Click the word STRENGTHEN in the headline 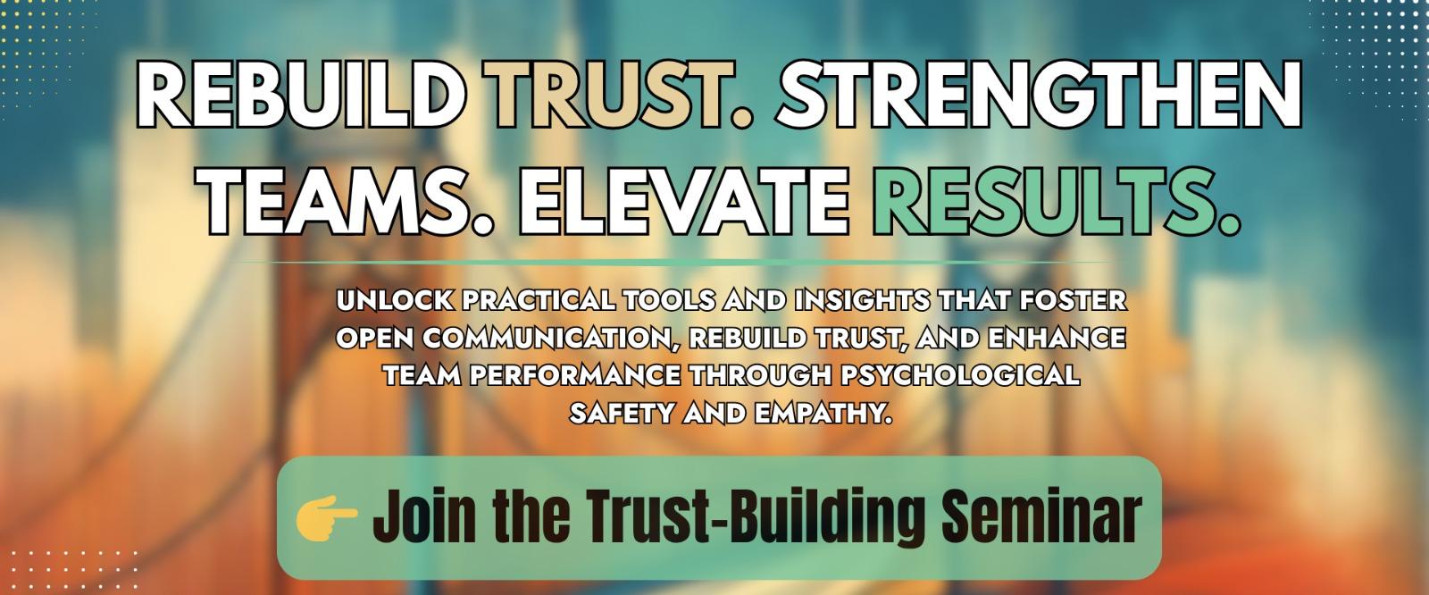pos(1039,96)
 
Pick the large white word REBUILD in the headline pos(300,96)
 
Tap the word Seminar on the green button pos(1041,515)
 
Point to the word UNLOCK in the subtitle pos(395,300)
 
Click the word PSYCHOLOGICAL pos(959,374)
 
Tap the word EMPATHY pos(823,413)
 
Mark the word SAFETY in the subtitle pos(622,413)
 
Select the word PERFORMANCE pos(575,374)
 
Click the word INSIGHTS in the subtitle pos(862,300)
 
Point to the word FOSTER pos(1074,300)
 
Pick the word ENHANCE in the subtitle pos(1057,338)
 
